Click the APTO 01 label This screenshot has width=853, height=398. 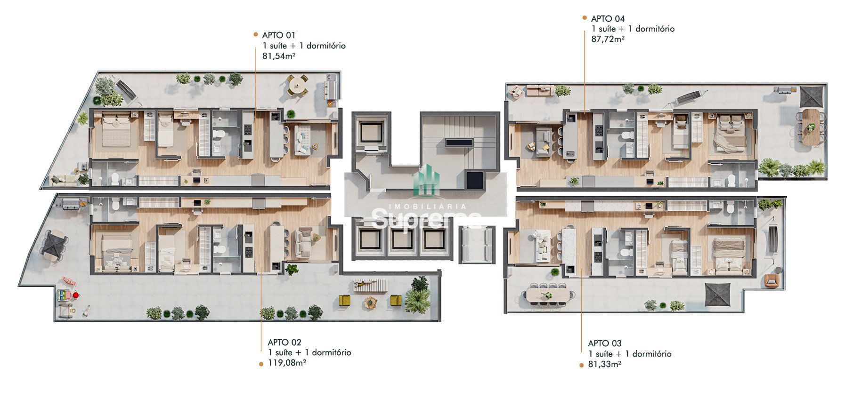pyautogui.click(x=279, y=35)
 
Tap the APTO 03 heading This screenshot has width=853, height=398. pyautogui.click(x=605, y=343)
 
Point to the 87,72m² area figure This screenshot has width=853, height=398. pyautogui.click(x=608, y=39)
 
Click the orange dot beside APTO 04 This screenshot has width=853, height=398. pyautogui.click(x=585, y=18)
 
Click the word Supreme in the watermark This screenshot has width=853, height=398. pyautogui.click(x=426, y=219)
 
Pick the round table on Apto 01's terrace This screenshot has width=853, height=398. pyautogui.click(x=297, y=85)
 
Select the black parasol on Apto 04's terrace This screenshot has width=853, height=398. pyautogui.click(x=812, y=96)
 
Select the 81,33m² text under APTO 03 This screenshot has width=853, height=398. pyautogui.click(x=604, y=364)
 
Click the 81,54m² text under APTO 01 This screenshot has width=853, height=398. pyautogui.click(x=279, y=56)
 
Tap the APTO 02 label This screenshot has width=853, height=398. pyautogui.click(x=284, y=342)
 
